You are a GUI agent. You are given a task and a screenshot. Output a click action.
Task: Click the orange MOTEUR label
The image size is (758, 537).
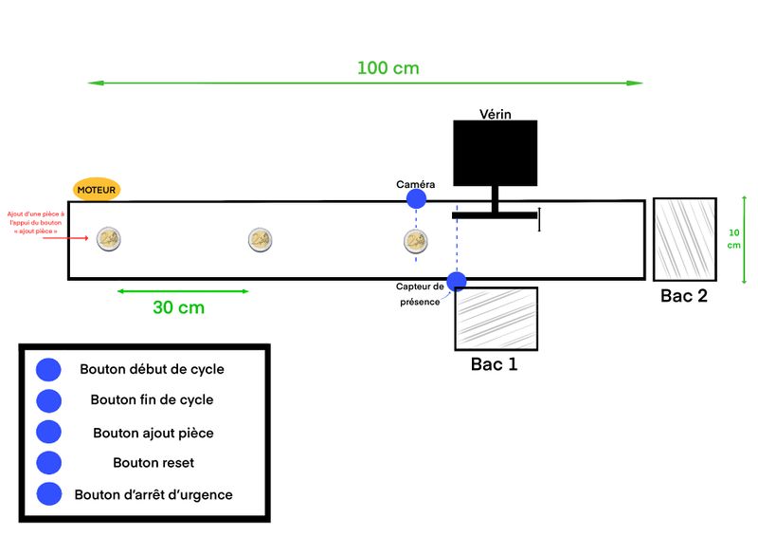click(97, 190)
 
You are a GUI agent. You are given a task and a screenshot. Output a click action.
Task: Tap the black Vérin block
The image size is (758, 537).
click(495, 152)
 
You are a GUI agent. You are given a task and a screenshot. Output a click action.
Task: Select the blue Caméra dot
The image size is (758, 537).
click(416, 198)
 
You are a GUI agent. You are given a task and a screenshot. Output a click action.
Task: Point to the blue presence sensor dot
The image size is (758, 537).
click(457, 281)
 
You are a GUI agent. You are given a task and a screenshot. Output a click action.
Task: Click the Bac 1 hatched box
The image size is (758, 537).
click(496, 319)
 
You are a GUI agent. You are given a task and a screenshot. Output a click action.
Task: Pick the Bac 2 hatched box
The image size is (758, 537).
click(683, 239)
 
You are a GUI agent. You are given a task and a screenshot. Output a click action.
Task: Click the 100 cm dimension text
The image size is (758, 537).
click(388, 68)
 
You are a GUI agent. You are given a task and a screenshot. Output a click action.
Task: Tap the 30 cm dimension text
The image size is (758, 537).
click(178, 307)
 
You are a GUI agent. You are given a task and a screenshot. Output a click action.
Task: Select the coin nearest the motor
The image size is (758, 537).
click(109, 239)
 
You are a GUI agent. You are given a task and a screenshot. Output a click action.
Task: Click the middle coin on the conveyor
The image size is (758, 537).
click(260, 240)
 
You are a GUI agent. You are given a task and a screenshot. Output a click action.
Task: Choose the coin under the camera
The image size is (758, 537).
click(415, 240)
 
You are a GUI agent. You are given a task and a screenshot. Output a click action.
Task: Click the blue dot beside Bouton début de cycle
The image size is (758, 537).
click(48, 369)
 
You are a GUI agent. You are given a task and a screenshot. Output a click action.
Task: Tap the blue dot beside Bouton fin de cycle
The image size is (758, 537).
click(48, 400)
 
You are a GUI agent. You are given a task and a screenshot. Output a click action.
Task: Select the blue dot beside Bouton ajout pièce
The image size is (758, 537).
click(48, 432)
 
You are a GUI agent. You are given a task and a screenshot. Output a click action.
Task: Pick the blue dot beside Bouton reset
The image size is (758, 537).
click(48, 462)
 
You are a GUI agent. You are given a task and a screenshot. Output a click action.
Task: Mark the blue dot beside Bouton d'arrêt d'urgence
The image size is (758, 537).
click(48, 494)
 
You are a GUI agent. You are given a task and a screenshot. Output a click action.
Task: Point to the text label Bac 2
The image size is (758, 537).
click(683, 296)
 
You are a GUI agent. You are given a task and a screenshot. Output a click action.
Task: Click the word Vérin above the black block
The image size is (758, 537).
click(495, 115)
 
